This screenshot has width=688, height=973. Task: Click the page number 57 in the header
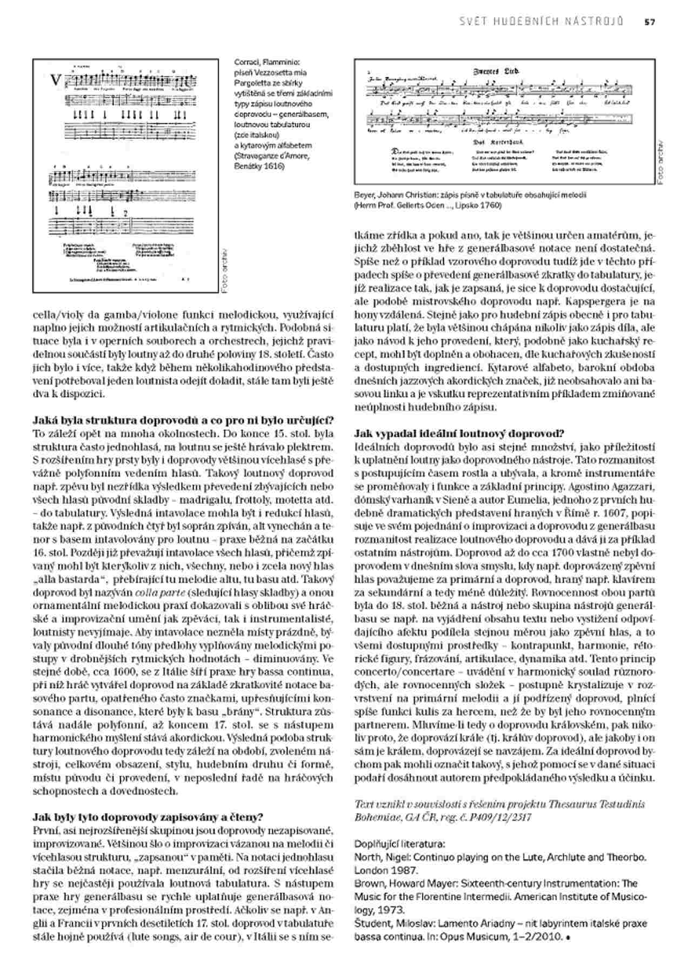649,22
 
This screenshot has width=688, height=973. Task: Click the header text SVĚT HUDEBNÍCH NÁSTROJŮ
541,22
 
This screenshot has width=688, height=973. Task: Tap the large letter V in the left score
56,81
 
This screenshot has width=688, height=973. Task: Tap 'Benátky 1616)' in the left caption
259,166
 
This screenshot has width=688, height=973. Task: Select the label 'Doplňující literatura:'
399,843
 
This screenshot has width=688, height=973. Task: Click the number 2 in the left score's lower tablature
125,212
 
